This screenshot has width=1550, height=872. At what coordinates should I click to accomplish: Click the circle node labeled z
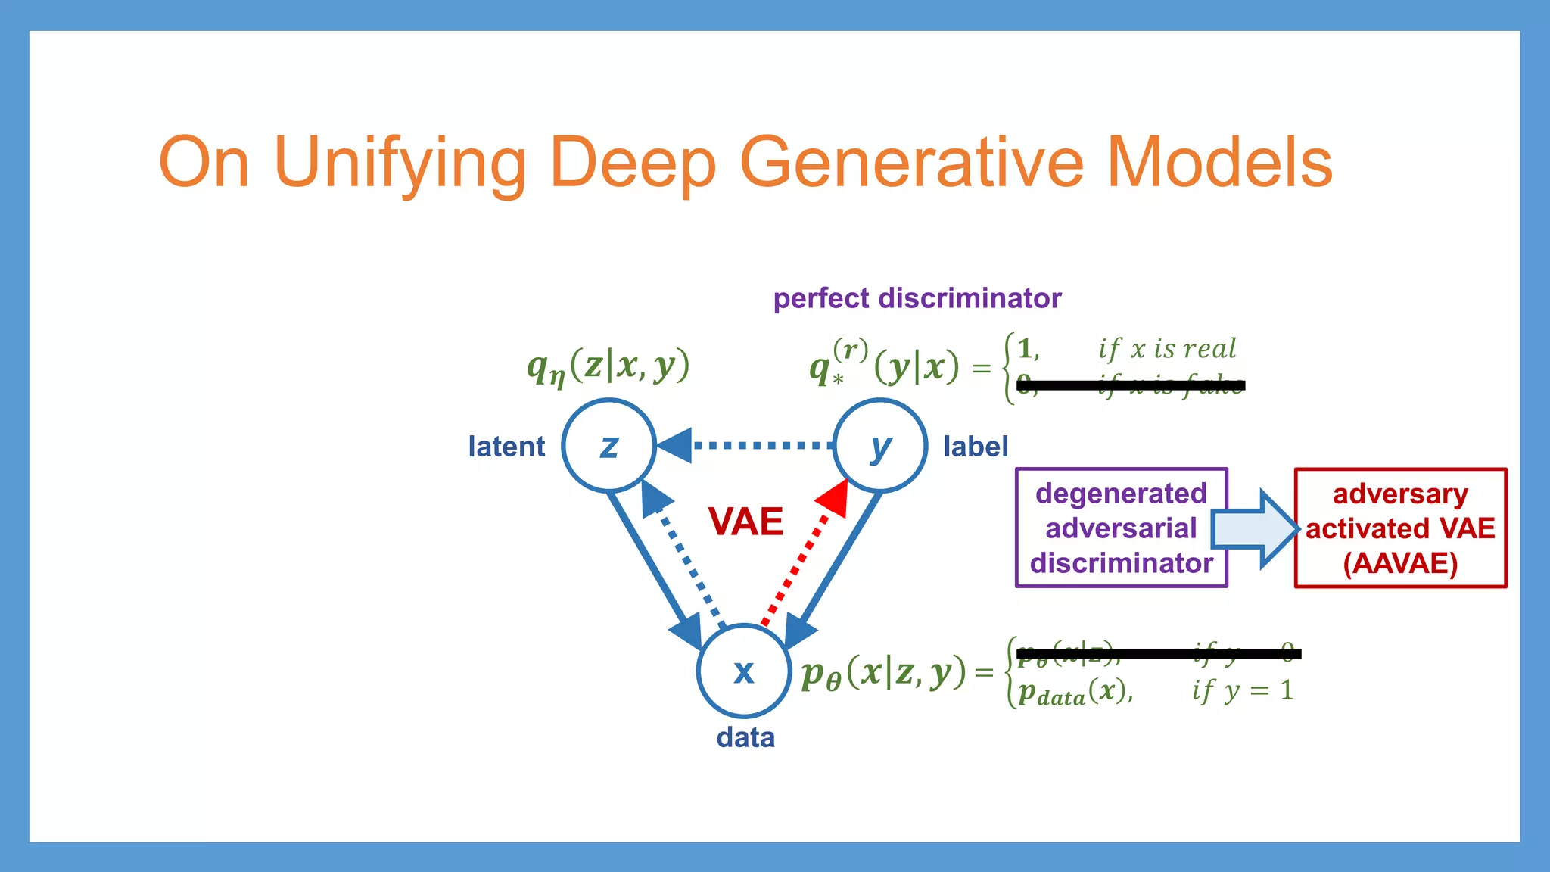tap(608, 446)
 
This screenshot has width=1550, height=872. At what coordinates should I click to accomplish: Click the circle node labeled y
tap(879, 446)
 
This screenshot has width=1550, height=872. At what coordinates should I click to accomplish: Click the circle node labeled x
tap(744, 671)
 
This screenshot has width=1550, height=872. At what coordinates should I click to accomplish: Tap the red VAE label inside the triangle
tap(745, 522)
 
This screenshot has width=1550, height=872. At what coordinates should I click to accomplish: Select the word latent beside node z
tap(506, 447)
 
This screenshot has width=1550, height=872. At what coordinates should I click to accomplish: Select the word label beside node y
tap(976, 447)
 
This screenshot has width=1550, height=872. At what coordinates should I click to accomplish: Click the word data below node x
tap(745, 737)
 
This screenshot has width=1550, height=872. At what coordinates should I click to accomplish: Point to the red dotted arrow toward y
tap(802, 560)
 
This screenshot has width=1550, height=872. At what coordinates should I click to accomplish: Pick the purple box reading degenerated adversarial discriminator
tap(1121, 528)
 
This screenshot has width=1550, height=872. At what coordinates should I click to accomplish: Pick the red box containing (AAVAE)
tap(1400, 528)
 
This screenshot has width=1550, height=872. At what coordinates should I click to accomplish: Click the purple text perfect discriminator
tap(917, 298)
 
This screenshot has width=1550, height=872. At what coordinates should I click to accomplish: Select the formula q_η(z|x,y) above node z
tap(608, 367)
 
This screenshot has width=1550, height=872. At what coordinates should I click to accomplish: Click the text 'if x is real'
tap(1167, 348)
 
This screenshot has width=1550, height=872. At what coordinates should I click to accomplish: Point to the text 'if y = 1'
tap(1242, 690)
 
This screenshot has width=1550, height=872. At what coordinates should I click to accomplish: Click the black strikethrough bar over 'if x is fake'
tap(1131, 385)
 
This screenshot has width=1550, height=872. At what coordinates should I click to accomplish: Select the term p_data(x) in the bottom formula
tap(1075, 692)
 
